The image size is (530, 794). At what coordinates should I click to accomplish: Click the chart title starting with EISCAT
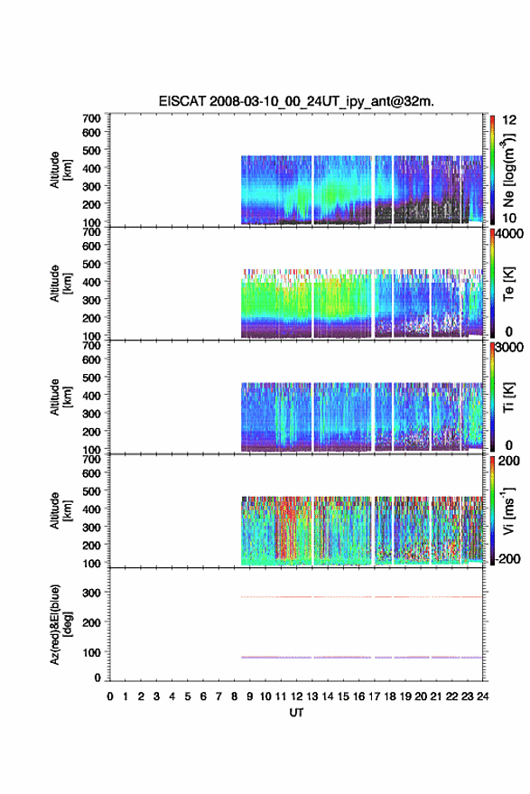296,101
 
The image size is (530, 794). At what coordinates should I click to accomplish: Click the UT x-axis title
296,713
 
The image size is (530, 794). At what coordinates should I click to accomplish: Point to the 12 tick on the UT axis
297,696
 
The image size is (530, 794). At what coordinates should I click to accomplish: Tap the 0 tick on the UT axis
110,696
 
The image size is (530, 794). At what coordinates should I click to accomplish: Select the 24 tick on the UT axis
482,696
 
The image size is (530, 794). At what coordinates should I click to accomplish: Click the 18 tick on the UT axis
390,696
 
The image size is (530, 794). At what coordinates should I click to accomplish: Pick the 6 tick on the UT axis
203,696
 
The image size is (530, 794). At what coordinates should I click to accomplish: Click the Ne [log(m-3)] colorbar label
508,170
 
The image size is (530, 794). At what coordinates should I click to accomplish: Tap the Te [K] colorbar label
508,284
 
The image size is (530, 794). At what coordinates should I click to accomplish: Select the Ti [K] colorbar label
508,397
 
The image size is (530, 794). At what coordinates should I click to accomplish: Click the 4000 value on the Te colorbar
509,234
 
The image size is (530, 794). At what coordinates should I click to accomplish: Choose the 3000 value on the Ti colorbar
509,348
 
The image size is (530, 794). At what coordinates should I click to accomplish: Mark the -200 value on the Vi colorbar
507,558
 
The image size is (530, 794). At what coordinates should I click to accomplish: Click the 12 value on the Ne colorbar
510,120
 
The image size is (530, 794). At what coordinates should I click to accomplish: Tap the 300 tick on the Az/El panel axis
91,593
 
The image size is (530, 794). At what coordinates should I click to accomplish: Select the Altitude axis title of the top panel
60,170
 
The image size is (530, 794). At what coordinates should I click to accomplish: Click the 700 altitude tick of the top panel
91,118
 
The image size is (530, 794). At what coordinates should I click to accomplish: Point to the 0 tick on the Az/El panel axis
98,677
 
